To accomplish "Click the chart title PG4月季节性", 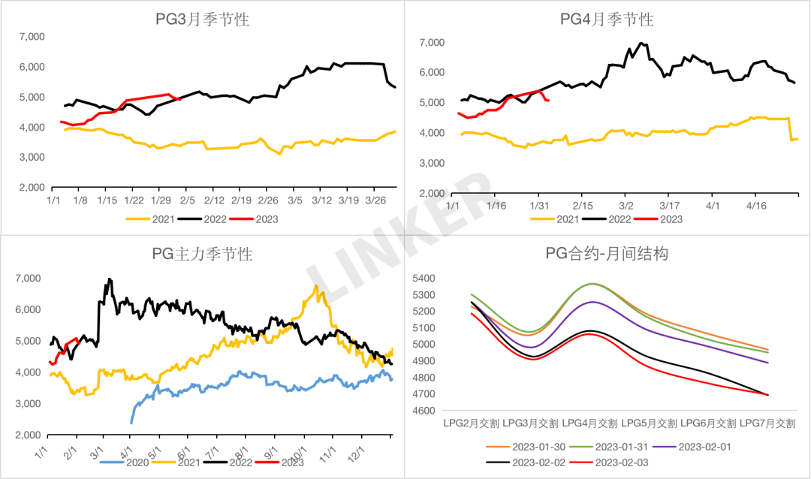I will point(607,20).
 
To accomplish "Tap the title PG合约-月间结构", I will point(607,254).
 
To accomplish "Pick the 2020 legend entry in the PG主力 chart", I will point(125,462).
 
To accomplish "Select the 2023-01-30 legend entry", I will point(531,447).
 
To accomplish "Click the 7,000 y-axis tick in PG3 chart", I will point(32,36).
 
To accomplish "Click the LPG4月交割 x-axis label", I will point(589,423).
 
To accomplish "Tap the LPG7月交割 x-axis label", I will point(767,423).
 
